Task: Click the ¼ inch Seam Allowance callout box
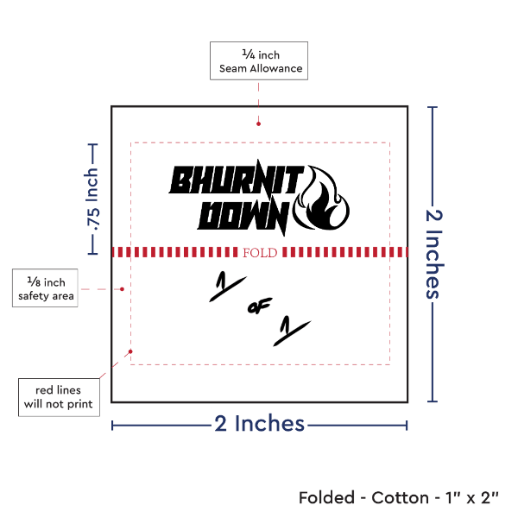point(258,60)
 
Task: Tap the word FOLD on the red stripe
point(261,253)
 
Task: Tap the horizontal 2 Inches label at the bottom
point(259,424)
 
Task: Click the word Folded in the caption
point(326,497)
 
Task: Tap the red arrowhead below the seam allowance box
point(258,123)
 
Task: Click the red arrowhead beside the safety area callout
point(126,289)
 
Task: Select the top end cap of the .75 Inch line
point(93,145)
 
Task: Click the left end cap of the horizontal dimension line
point(113,424)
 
